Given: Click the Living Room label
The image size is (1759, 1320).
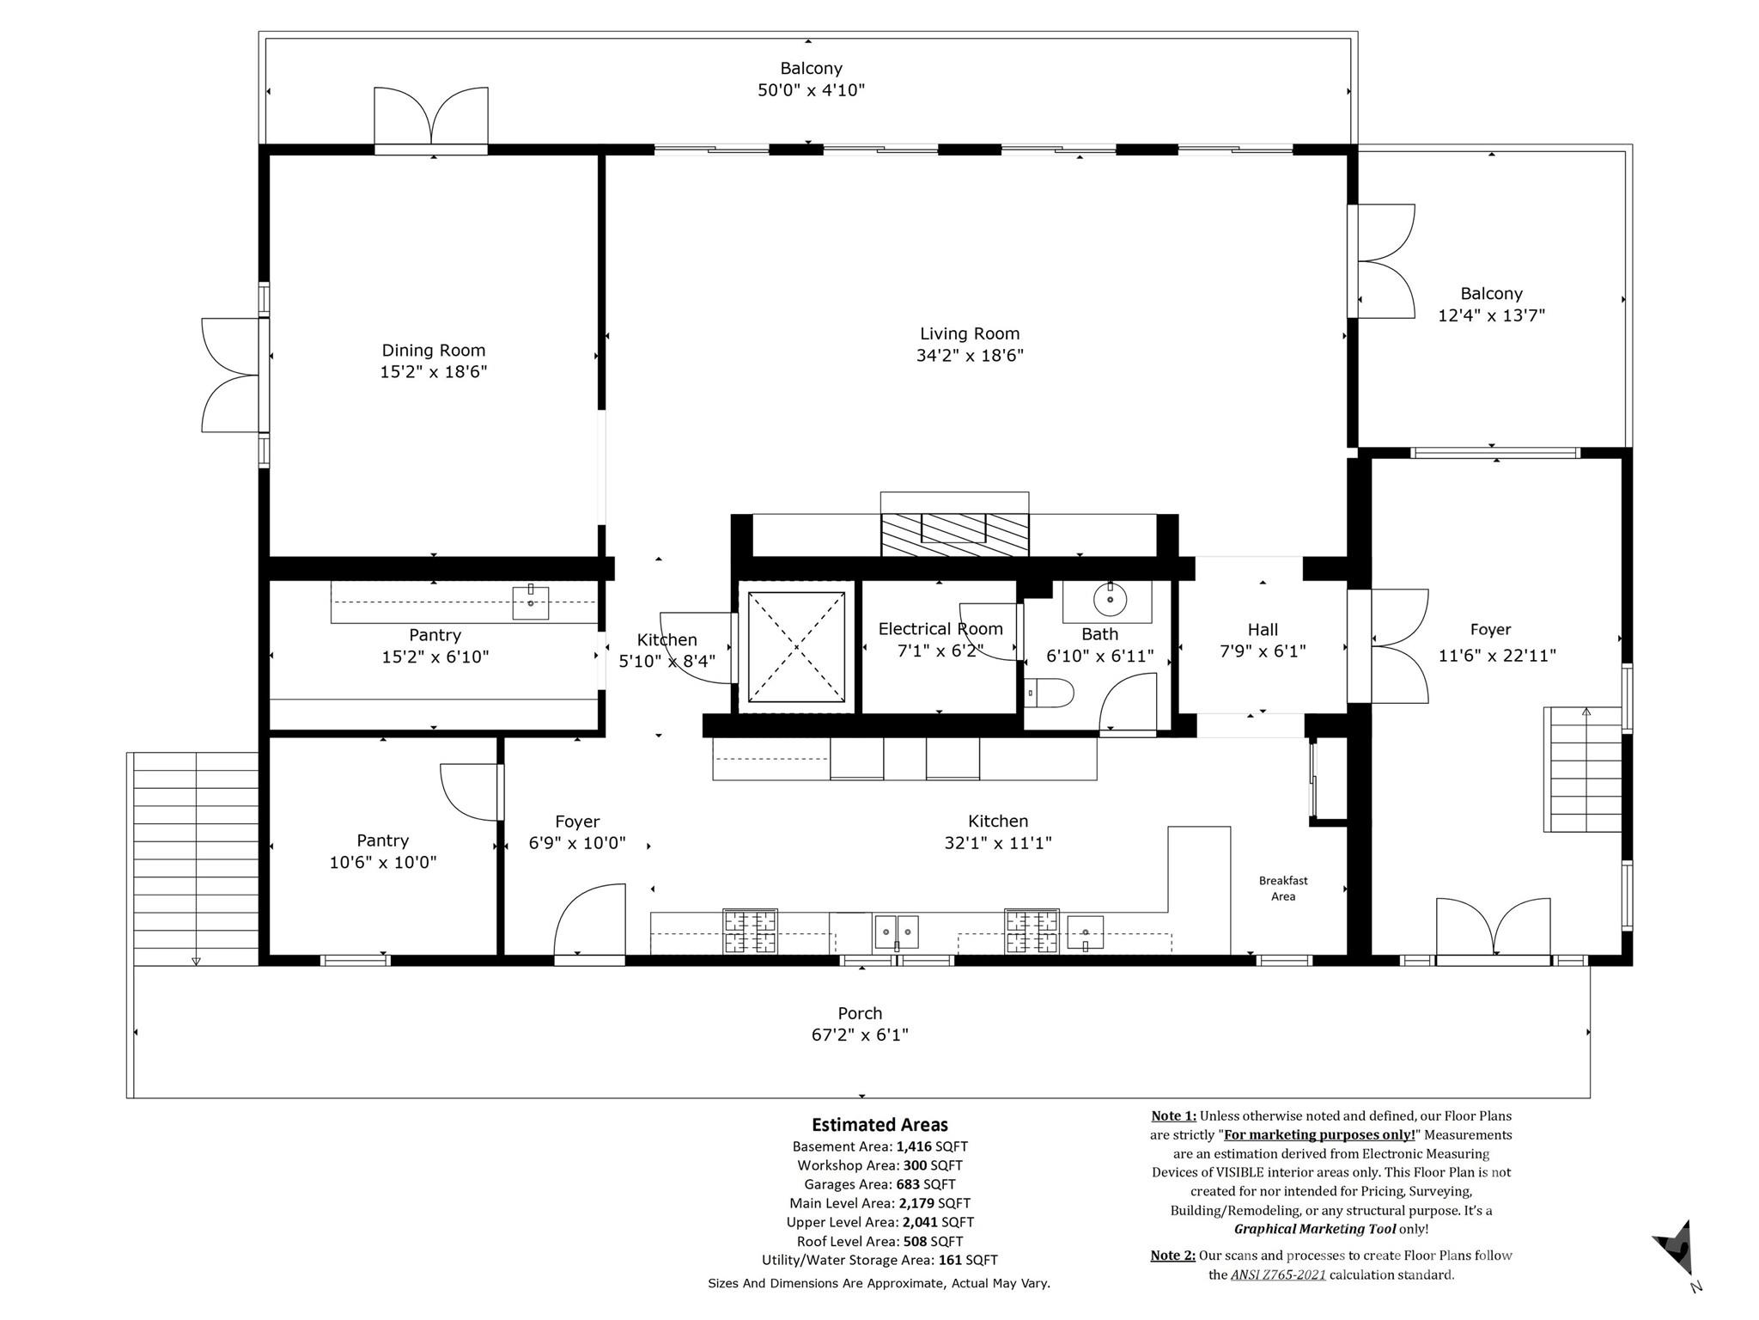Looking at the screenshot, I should pyautogui.click(x=970, y=333).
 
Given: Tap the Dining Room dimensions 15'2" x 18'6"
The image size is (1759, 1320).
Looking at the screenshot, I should pyautogui.click(x=434, y=372).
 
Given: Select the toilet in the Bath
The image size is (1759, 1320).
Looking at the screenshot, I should pyautogui.click(x=1051, y=693).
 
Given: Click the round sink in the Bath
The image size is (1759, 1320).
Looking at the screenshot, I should pyautogui.click(x=1110, y=599).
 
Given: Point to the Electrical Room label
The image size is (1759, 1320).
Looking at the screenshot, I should pyautogui.click(x=940, y=629).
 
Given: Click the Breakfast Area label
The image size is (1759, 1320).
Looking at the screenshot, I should pyautogui.click(x=1283, y=888).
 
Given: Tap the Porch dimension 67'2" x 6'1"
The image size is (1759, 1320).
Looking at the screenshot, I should pyautogui.click(x=860, y=1035).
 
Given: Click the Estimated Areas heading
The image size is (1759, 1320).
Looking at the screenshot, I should pyautogui.click(x=879, y=1125).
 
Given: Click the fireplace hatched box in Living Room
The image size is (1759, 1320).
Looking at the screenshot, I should pyautogui.click(x=954, y=534).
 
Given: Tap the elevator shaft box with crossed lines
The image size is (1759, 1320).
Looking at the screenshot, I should pyautogui.click(x=796, y=646).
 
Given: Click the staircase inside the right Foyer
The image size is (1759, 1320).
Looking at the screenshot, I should pyautogui.click(x=1583, y=770).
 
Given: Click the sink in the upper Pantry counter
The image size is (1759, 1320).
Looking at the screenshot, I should pyautogui.click(x=531, y=603).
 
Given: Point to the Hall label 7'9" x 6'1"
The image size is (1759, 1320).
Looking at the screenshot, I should pyautogui.click(x=1263, y=640).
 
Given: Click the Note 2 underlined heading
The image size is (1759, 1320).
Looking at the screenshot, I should pyautogui.click(x=1172, y=1256).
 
